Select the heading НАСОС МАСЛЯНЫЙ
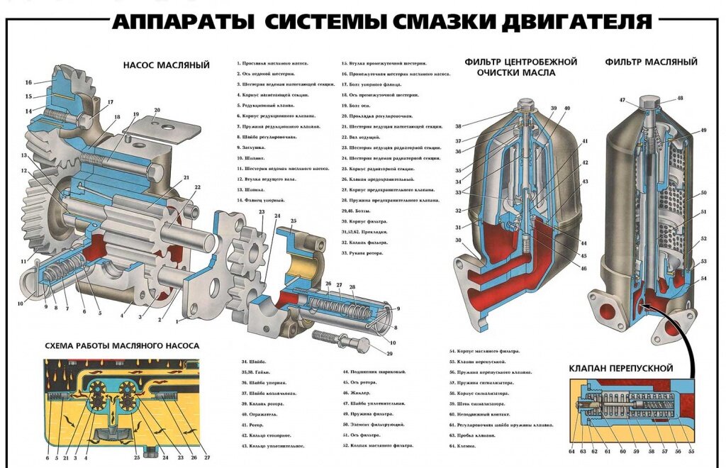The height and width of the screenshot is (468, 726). click(167, 65)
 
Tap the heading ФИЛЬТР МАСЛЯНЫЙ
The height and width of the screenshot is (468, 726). click(652, 62)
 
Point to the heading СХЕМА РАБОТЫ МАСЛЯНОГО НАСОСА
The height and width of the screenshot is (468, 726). click(122, 346)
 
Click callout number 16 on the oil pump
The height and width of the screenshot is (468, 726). click(28, 82)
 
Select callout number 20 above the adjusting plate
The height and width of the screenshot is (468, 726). click(157, 110)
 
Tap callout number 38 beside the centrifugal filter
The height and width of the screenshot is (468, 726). click(458, 126)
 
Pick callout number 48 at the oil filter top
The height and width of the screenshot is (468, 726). click(680, 99)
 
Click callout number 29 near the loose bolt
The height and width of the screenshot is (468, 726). click(389, 353)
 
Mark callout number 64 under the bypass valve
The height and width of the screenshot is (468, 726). click(572, 452)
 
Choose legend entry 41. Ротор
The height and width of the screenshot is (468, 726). click(254, 424)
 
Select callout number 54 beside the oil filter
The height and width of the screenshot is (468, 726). click(704, 278)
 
